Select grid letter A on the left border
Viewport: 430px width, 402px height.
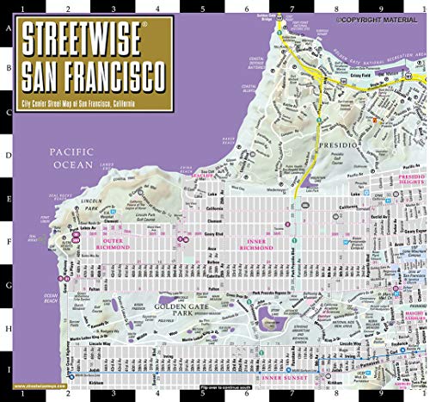click(x=9, y=27)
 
